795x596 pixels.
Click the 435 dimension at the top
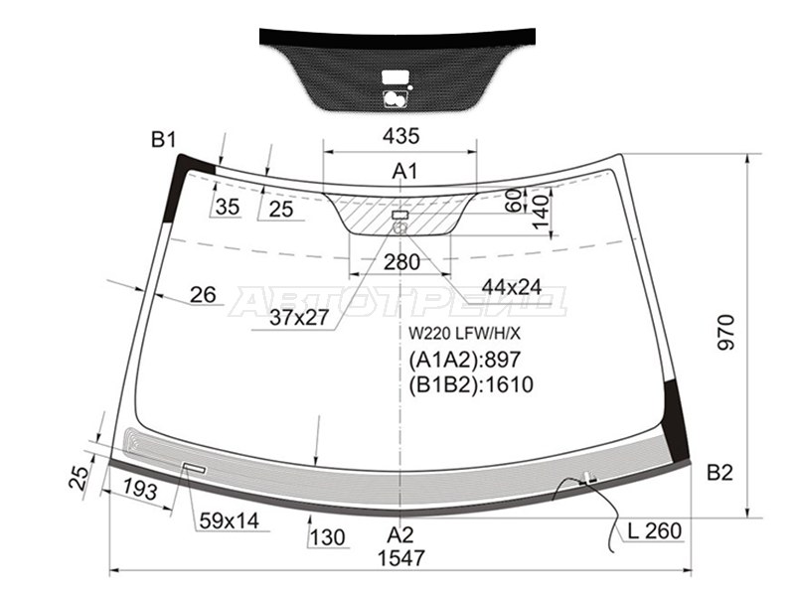click(401, 136)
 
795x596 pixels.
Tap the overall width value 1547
click(400, 558)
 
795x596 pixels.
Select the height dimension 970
click(726, 333)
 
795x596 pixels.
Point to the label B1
click(163, 139)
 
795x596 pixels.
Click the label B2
click(719, 473)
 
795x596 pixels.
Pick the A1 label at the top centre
click(404, 171)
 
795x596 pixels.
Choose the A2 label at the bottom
click(400, 535)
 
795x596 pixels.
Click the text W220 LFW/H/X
click(464, 333)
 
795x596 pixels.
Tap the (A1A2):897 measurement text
click(464, 360)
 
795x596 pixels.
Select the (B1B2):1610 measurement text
click(471, 384)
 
